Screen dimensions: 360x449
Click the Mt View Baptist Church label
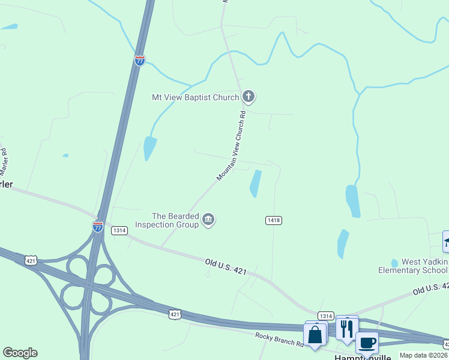tap(196, 97)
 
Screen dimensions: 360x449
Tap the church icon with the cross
tap(249, 96)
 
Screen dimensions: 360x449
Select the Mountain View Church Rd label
tap(232, 146)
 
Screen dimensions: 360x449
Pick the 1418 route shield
tap(273, 221)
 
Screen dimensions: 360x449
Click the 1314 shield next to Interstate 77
tap(119, 230)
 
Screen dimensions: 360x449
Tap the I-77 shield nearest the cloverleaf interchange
tap(97, 226)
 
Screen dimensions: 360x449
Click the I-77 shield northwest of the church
tap(139, 60)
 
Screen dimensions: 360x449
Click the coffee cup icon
tap(367, 343)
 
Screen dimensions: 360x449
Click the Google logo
tap(20, 353)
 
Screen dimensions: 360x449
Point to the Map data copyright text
tap(424, 355)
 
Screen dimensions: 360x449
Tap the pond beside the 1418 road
tap(256, 183)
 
